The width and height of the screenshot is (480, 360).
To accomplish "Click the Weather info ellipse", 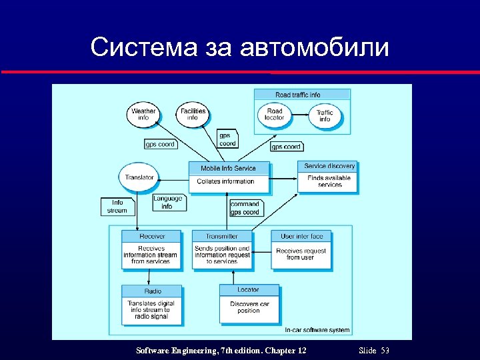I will [143, 114].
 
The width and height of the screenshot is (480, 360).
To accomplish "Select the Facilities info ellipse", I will [193, 114].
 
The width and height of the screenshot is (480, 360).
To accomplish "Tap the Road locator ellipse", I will [274, 114].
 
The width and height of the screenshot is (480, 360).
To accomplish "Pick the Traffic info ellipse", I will [325, 116].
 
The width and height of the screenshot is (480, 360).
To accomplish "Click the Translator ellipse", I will [139, 177].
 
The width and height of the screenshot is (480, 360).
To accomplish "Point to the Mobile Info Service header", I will [228, 168].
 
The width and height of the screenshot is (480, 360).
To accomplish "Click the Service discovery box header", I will [329, 166].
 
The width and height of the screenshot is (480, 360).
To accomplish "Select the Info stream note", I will [117, 206].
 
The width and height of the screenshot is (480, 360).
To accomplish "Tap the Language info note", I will [167, 202].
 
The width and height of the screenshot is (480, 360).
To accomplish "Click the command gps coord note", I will [245, 208].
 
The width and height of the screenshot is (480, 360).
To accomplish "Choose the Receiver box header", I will [152, 236].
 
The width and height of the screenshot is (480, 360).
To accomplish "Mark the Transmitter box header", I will [222, 236].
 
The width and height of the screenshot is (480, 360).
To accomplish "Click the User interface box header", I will [301, 236].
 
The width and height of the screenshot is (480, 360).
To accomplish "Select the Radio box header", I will [153, 291].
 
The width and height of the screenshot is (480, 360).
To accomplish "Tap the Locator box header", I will [248, 290].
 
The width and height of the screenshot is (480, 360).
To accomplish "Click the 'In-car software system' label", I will [317, 330].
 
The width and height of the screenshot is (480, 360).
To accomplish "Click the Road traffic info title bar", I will [302, 95].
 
